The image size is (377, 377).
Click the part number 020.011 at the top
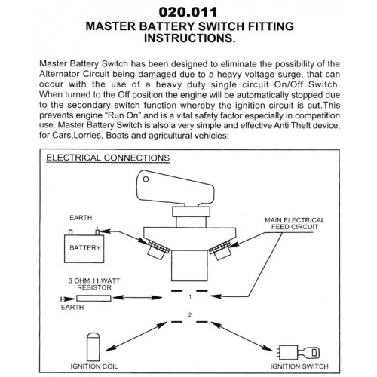click(x=188, y=12)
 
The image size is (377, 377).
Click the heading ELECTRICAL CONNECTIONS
click(x=108, y=158)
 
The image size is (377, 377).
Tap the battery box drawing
click(x=84, y=248)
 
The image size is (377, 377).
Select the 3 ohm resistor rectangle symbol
click(x=93, y=299)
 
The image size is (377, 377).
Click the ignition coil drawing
click(x=93, y=347)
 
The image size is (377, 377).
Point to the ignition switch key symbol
click(x=299, y=352)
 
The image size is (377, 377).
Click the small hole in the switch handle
click(x=146, y=179)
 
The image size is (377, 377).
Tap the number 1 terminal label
click(x=190, y=297)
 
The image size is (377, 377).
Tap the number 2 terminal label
click(x=190, y=314)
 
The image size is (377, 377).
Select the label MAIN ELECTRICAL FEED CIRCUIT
click(x=295, y=223)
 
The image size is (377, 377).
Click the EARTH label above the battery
click(x=81, y=218)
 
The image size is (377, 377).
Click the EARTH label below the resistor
click(x=72, y=307)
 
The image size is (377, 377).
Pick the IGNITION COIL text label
click(x=93, y=366)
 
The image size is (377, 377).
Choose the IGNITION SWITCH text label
click(x=299, y=366)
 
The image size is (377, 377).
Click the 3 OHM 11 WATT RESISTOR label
click(x=94, y=284)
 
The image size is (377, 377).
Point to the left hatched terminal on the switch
click(x=159, y=247)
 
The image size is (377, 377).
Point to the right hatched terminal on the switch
click(x=220, y=247)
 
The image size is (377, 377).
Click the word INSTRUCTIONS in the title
click(x=190, y=38)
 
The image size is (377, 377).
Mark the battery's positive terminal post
click(x=97, y=231)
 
